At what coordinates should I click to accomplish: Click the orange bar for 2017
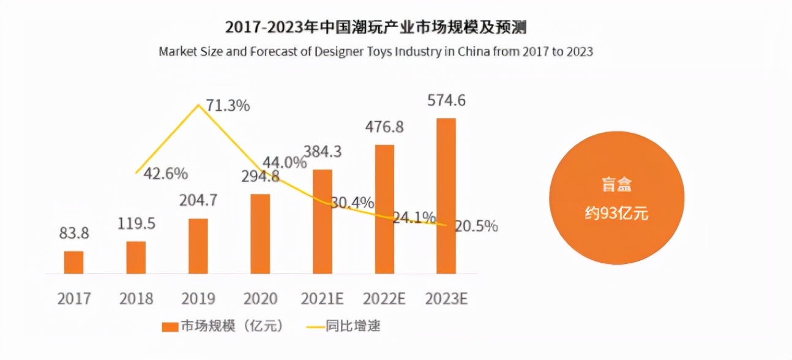point(73,262)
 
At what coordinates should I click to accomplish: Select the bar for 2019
point(198,246)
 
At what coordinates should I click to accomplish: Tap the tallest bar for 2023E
point(446,196)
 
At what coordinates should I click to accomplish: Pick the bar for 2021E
point(322,221)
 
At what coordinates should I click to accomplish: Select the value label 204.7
point(198,201)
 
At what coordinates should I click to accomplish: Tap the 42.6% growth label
point(165,174)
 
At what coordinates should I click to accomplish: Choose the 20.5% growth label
point(476,226)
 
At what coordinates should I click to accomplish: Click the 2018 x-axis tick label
point(136,299)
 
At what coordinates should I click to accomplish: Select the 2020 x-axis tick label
point(260,299)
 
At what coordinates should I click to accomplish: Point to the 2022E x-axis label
point(384,299)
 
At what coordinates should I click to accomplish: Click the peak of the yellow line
point(198,105)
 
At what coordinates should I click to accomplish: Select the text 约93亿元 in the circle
point(616,214)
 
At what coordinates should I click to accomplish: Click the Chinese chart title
point(375,28)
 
